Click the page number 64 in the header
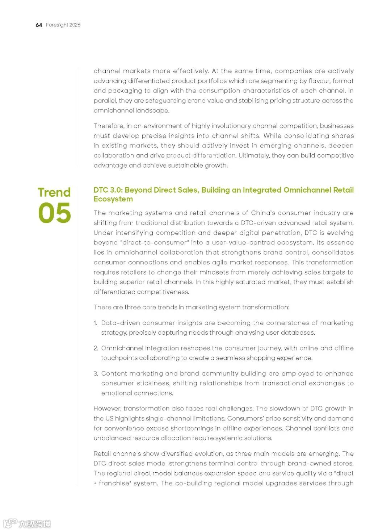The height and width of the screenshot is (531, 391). pos(39,25)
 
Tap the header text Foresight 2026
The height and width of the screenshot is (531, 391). pos(63,25)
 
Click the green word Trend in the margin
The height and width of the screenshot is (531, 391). pos(54,192)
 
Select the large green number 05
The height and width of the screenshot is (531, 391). pos(54,213)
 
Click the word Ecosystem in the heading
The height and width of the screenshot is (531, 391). pos(113,199)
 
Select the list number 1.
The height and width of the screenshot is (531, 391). pos(95,323)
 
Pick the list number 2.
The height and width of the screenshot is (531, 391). pos(96,348)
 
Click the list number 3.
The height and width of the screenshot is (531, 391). pos(96,373)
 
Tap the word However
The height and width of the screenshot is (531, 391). pos(107,409)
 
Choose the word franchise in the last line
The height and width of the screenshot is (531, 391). pos(113,483)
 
